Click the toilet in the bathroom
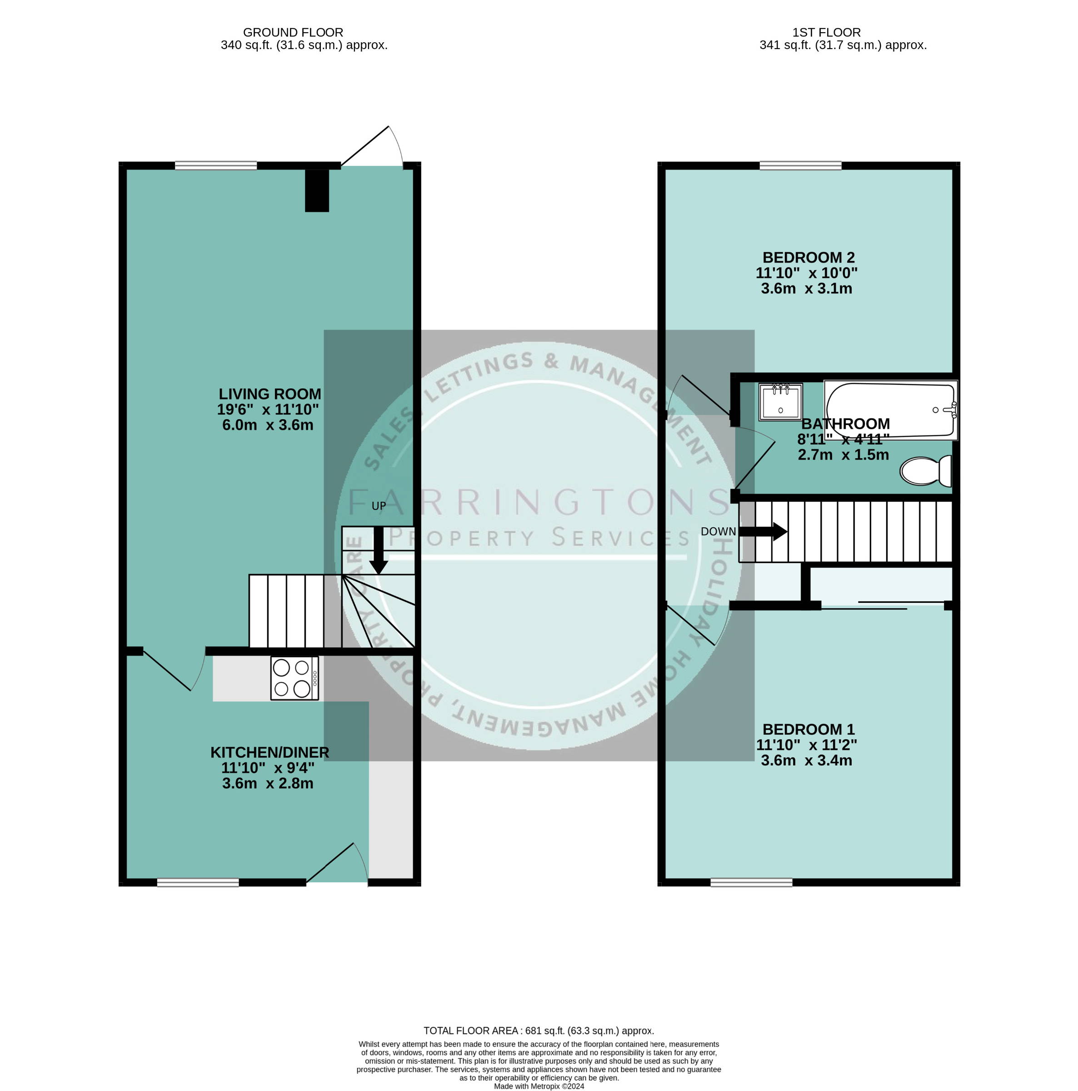click(x=925, y=471)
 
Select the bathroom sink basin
click(x=780, y=402)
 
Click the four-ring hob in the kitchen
click(x=294, y=678)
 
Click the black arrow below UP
click(x=378, y=550)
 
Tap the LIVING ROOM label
click(x=269, y=394)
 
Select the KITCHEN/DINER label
click(x=269, y=752)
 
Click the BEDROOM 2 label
click(x=808, y=257)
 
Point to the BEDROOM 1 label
click(x=808, y=730)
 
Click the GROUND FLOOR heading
click(x=293, y=33)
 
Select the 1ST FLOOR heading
click(x=827, y=33)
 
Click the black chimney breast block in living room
click(x=317, y=190)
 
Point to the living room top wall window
click(x=216, y=165)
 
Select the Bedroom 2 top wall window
click(x=800, y=165)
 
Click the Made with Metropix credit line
click(x=539, y=1086)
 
